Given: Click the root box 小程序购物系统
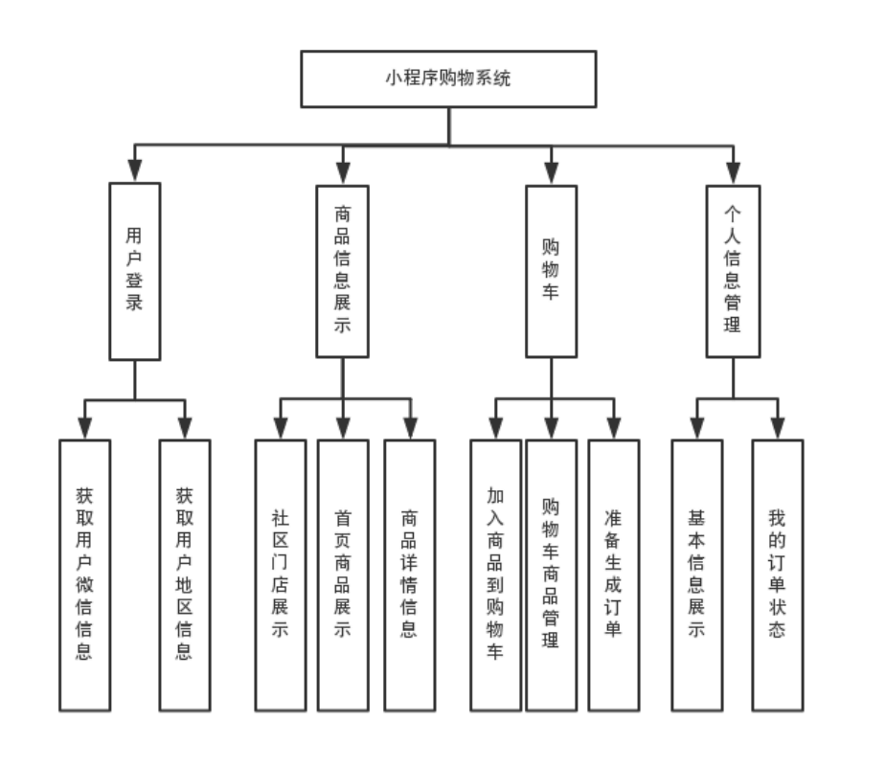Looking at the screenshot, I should coord(447,79).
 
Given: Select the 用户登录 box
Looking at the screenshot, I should coord(134,271).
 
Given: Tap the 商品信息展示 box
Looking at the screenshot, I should coord(342,271).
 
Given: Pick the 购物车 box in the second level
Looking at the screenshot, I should coord(551,271).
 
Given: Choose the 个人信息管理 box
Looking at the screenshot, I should coord(733,271).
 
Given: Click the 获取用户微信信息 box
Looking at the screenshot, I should coord(84,574).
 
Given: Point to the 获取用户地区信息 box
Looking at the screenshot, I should coord(184,574).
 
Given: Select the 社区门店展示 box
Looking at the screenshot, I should coord(280,574).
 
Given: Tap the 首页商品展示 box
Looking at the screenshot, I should coord(342,574).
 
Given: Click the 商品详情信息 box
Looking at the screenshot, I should coord(409,574).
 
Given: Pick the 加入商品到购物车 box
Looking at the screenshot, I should coord(495,574).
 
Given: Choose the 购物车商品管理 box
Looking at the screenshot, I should coord(551,574).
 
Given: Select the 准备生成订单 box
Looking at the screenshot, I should coord(614,574).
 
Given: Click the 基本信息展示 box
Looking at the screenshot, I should coord(696,574).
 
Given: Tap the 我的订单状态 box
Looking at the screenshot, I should coord(777,574).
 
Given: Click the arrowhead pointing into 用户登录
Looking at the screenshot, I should coord(134,173).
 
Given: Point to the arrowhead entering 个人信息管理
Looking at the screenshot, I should coord(733,173).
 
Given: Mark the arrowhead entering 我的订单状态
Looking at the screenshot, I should coord(777,429).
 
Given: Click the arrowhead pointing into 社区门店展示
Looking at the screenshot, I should coord(280,429).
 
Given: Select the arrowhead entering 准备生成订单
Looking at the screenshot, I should coord(614,429).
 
